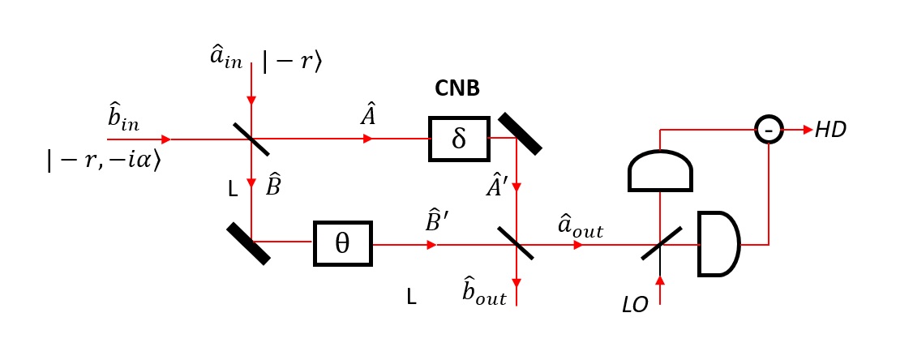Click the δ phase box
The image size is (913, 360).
point(459,139)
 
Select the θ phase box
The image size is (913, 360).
point(342,243)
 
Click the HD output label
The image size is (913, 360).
point(831,130)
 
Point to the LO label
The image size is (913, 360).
point(635,306)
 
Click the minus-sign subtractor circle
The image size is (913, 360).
point(769,129)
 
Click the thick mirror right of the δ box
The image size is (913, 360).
point(520,133)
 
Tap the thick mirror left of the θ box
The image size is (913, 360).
point(248,243)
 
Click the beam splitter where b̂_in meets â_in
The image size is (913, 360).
point(251,139)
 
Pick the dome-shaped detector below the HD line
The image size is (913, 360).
point(660,169)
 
